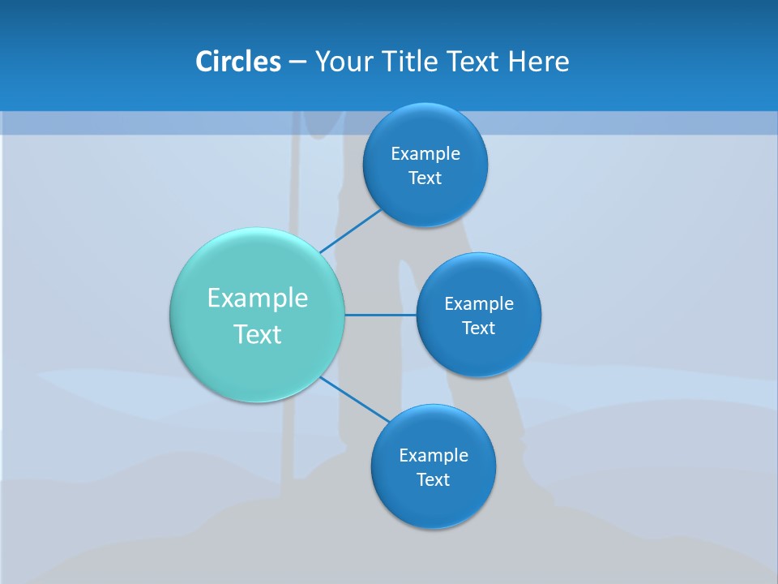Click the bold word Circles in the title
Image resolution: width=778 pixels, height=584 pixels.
tap(238, 62)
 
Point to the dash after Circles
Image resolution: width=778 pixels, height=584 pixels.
tap(297, 62)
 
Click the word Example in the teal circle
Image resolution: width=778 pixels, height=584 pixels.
tap(258, 298)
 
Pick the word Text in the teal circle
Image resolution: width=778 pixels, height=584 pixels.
tap(258, 334)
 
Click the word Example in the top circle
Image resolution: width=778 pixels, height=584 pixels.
tap(425, 153)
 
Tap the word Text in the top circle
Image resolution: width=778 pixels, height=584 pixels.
tap(425, 178)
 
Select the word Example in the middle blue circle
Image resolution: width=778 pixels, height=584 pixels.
tap(479, 303)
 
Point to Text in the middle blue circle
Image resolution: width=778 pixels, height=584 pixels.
tap(479, 328)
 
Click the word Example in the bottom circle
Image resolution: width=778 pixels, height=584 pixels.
tap(434, 455)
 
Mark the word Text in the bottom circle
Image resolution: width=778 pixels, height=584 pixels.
tap(434, 479)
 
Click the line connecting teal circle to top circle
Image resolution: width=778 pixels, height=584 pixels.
tap(350, 230)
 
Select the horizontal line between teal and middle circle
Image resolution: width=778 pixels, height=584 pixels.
tap(381, 315)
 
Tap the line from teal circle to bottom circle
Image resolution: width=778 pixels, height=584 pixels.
tap(354, 398)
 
